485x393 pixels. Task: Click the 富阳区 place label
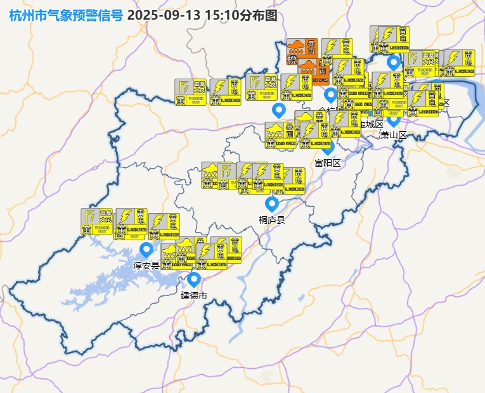tap(328, 163)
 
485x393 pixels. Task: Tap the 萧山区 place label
tap(393, 134)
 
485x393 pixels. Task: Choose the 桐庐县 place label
tap(272, 220)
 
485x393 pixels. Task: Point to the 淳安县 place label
tap(146, 265)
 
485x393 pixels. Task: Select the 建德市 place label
tap(194, 295)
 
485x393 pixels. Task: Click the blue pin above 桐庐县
tap(272, 203)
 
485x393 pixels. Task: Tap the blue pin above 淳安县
tap(146, 249)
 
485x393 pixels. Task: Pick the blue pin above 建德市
tap(194, 278)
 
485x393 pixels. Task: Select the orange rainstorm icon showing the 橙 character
tap(294, 51)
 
